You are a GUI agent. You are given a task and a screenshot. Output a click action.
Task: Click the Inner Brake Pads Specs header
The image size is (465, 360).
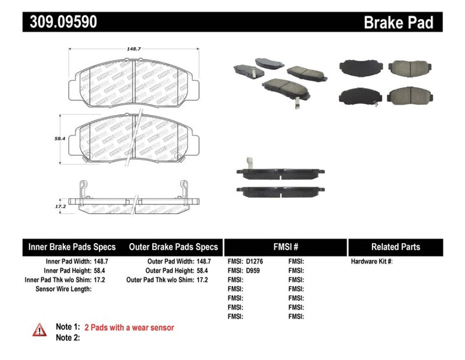point(72,247)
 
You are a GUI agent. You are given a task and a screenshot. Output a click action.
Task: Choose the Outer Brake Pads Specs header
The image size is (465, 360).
point(173,247)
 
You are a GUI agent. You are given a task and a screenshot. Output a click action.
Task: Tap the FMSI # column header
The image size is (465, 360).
point(285,247)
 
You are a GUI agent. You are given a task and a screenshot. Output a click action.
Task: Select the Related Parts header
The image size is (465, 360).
point(395,247)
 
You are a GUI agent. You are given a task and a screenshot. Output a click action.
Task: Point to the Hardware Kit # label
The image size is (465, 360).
point(371,262)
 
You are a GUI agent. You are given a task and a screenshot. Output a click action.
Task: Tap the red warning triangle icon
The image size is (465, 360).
point(39,330)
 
